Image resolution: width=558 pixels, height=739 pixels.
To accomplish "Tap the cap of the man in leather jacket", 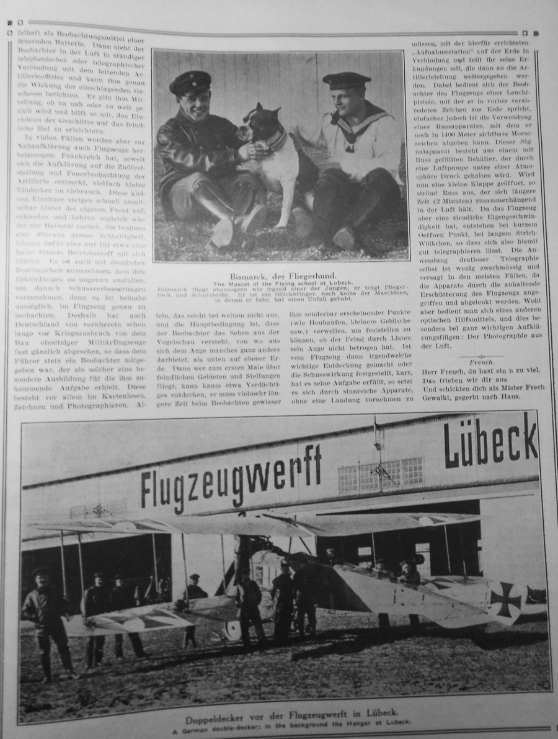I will tap(190, 81).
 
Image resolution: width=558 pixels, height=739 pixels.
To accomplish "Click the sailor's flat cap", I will tap(346, 79).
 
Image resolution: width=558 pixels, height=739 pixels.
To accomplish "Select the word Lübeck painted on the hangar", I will tap(490, 441).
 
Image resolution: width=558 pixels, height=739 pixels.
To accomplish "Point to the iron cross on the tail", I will tap(505, 599).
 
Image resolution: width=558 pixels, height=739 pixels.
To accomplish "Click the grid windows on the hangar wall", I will tap(381, 475).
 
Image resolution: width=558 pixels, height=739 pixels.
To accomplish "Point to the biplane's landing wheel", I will tap(233, 629).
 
